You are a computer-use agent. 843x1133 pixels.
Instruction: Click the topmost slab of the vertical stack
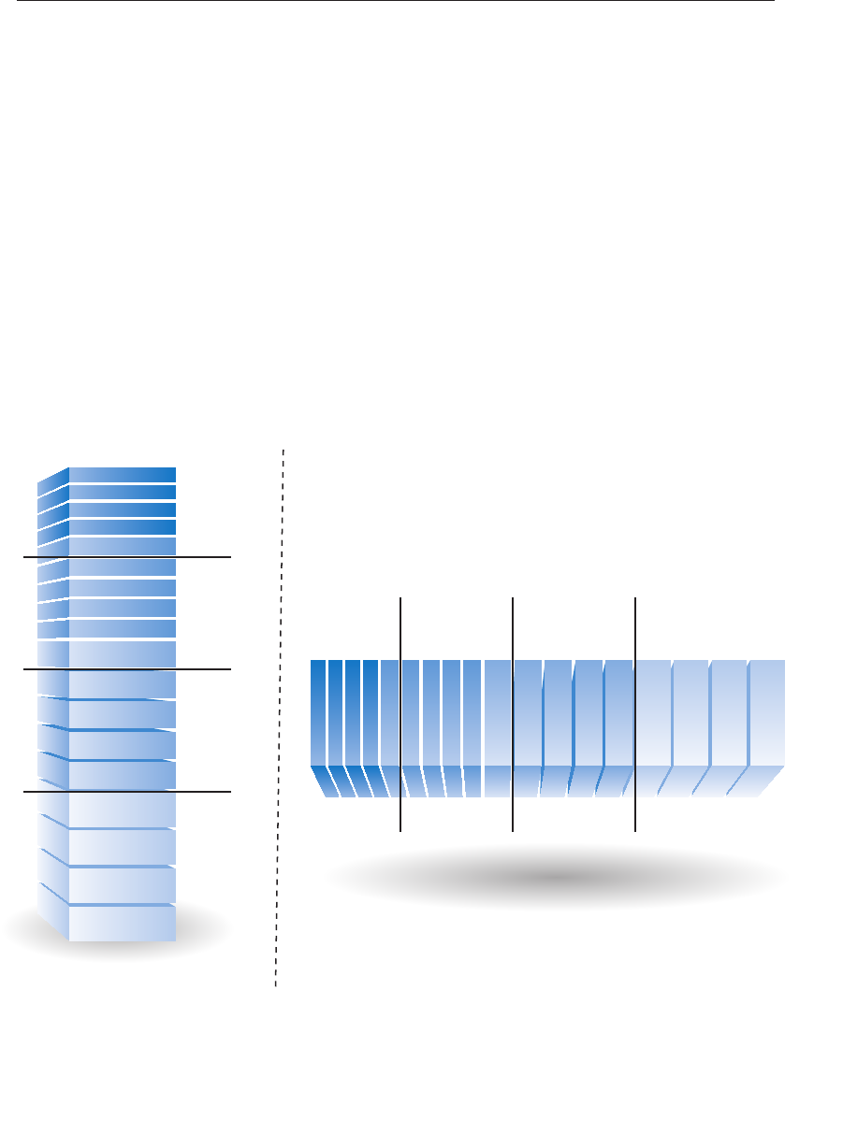click(x=122, y=474)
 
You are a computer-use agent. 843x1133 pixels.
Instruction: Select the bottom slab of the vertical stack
click(x=122, y=923)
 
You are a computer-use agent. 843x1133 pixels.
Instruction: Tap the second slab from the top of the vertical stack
click(x=122, y=492)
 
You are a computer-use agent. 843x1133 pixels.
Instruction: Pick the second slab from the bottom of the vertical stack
click(x=122, y=884)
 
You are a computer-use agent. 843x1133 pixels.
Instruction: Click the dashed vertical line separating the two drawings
click(x=280, y=710)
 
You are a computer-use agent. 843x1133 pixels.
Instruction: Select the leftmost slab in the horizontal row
click(x=318, y=710)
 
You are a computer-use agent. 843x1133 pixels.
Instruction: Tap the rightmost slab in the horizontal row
click(x=767, y=710)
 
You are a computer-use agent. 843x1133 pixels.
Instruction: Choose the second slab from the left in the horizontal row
click(x=335, y=710)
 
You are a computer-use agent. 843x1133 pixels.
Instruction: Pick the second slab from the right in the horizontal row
click(x=729, y=710)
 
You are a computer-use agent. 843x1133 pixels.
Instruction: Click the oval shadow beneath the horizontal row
click(x=556, y=878)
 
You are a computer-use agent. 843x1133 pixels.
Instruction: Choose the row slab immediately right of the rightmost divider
click(x=653, y=710)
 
